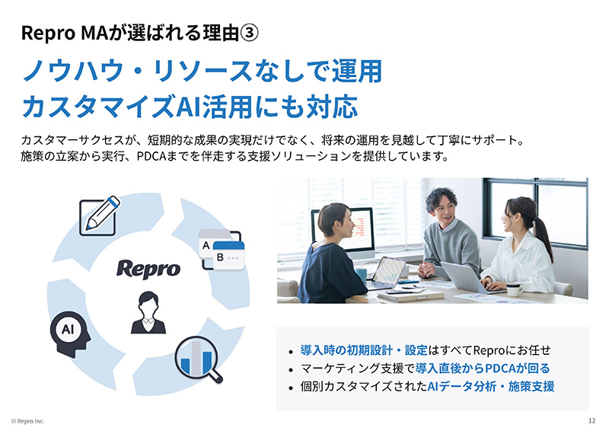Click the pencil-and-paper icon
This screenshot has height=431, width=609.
(100, 214)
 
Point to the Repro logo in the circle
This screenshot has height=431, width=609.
(148, 269)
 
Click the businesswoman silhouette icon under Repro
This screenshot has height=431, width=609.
(148, 313)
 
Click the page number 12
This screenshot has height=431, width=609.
(592, 421)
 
